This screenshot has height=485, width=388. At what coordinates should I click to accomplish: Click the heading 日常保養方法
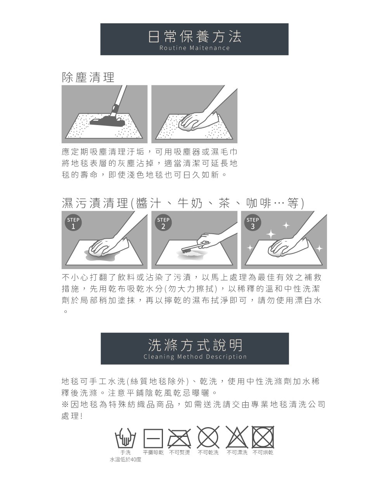click(x=194, y=37)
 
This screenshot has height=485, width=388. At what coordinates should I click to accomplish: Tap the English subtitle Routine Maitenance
click(x=194, y=48)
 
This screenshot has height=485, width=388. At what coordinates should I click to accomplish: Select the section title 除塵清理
click(x=88, y=77)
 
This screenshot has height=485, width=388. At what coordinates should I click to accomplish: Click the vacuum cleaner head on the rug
click(x=107, y=122)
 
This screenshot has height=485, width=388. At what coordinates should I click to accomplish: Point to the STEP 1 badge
click(x=73, y=223)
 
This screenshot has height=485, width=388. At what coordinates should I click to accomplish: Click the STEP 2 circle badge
click(x=163, y=223)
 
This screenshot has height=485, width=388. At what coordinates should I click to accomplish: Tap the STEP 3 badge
click(x=253, y=223)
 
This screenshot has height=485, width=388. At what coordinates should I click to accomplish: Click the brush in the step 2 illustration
click(x=195, y=247)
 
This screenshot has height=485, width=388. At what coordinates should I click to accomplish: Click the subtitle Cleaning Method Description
click(x=195, y=357)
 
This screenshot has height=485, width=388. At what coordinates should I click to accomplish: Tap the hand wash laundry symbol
click(x=125, y=438)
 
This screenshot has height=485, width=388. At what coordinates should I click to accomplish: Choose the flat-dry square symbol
click(x=153, y=438)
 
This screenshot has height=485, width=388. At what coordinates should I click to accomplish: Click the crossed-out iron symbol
click(x=179, y=438)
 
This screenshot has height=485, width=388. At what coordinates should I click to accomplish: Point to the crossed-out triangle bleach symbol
click(x=237, y=438)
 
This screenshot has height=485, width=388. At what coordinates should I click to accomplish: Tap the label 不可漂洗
click(x=237, y=452)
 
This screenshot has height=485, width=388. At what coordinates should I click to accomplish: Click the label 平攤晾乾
click(x=153, y=452)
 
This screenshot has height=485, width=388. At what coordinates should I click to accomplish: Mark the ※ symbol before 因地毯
click(x=65, y=404)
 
